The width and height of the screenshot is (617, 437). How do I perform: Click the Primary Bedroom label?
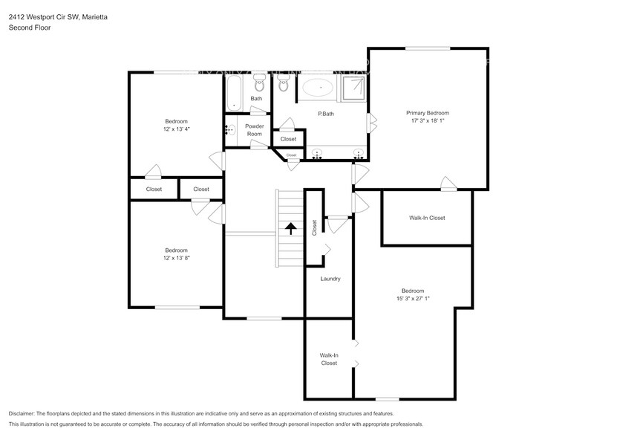427,112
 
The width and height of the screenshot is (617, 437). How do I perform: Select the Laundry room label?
330,279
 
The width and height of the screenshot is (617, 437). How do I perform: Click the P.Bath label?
325,114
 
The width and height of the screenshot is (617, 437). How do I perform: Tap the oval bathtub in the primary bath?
321,88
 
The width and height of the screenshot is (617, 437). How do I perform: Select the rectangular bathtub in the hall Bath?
234,93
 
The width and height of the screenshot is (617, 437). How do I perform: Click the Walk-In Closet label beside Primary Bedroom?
427,218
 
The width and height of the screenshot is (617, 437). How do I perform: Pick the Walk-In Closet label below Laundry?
329,360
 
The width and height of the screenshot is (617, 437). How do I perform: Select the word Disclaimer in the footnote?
25,413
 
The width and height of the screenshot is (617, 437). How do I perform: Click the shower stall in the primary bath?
354,88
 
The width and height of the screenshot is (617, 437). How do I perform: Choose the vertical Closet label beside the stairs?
315,227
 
